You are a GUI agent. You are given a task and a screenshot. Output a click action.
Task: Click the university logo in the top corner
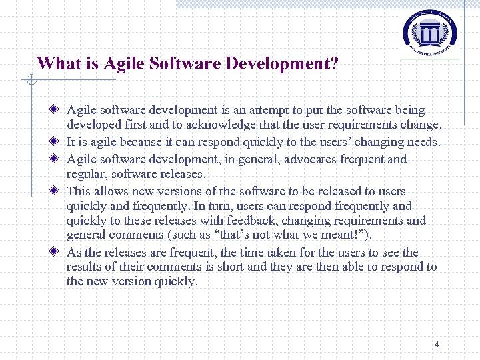tap(430, 32)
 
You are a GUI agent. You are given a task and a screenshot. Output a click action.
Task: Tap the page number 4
tap(437, 345)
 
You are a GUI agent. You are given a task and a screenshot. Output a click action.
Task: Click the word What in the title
tap(56, 64)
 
